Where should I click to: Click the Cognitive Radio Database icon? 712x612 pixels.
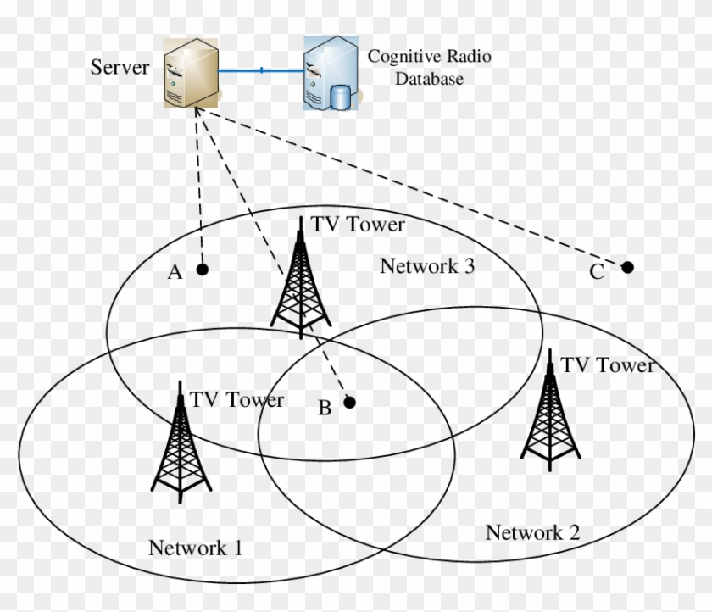(x=331, y=75)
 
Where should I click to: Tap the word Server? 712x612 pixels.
(x=120, y=67)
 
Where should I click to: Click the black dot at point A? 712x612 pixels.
(x=202, y=270)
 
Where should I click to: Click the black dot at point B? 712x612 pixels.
(x=348, y=403)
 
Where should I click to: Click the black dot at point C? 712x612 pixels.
(x=627, y=267)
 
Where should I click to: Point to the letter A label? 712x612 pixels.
(x=175, y=272)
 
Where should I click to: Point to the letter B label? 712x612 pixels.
(x=325, y=409)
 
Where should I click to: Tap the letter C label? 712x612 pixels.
(x=597, y=272)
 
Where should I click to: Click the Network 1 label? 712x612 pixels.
(x=195, y=548)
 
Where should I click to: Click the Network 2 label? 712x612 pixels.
(x=532, y=532)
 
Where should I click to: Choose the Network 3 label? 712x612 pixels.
(x=426, y=266)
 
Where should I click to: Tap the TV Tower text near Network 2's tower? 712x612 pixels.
(x=609, y=365)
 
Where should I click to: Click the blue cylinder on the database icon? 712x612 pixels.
(x=340, y=97)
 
